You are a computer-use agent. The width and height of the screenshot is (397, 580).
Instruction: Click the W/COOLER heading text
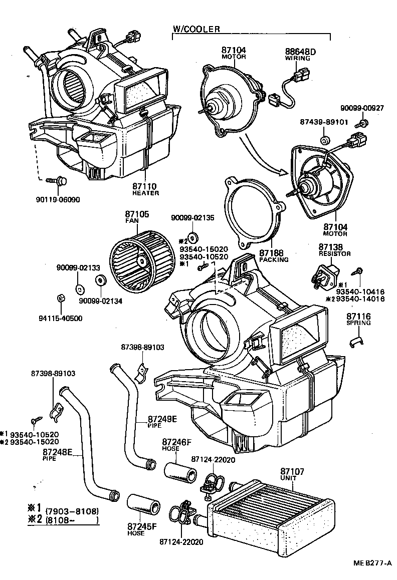pyautogui.click(x=196, y=29)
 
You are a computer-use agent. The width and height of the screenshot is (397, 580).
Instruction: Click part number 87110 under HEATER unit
pyautogui.click(x=145, y=186)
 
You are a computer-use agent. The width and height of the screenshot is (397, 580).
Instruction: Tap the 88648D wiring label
pyautogui.click(x=297, y=51)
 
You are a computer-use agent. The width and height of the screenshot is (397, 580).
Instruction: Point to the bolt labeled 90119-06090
pyautogui.click(x=56, y=181)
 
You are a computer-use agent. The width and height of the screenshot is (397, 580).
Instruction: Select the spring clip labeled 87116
pyautogui.click(x=356, y=343)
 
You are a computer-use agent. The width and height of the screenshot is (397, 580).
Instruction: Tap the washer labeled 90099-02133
pyautogui.click(x=79, y=288)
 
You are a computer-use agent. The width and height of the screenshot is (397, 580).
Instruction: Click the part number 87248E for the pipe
pyautogui.click(x=58, y=452)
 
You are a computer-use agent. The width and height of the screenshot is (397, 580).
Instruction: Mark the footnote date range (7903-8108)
pyautogui.click(x=72, y=510)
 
